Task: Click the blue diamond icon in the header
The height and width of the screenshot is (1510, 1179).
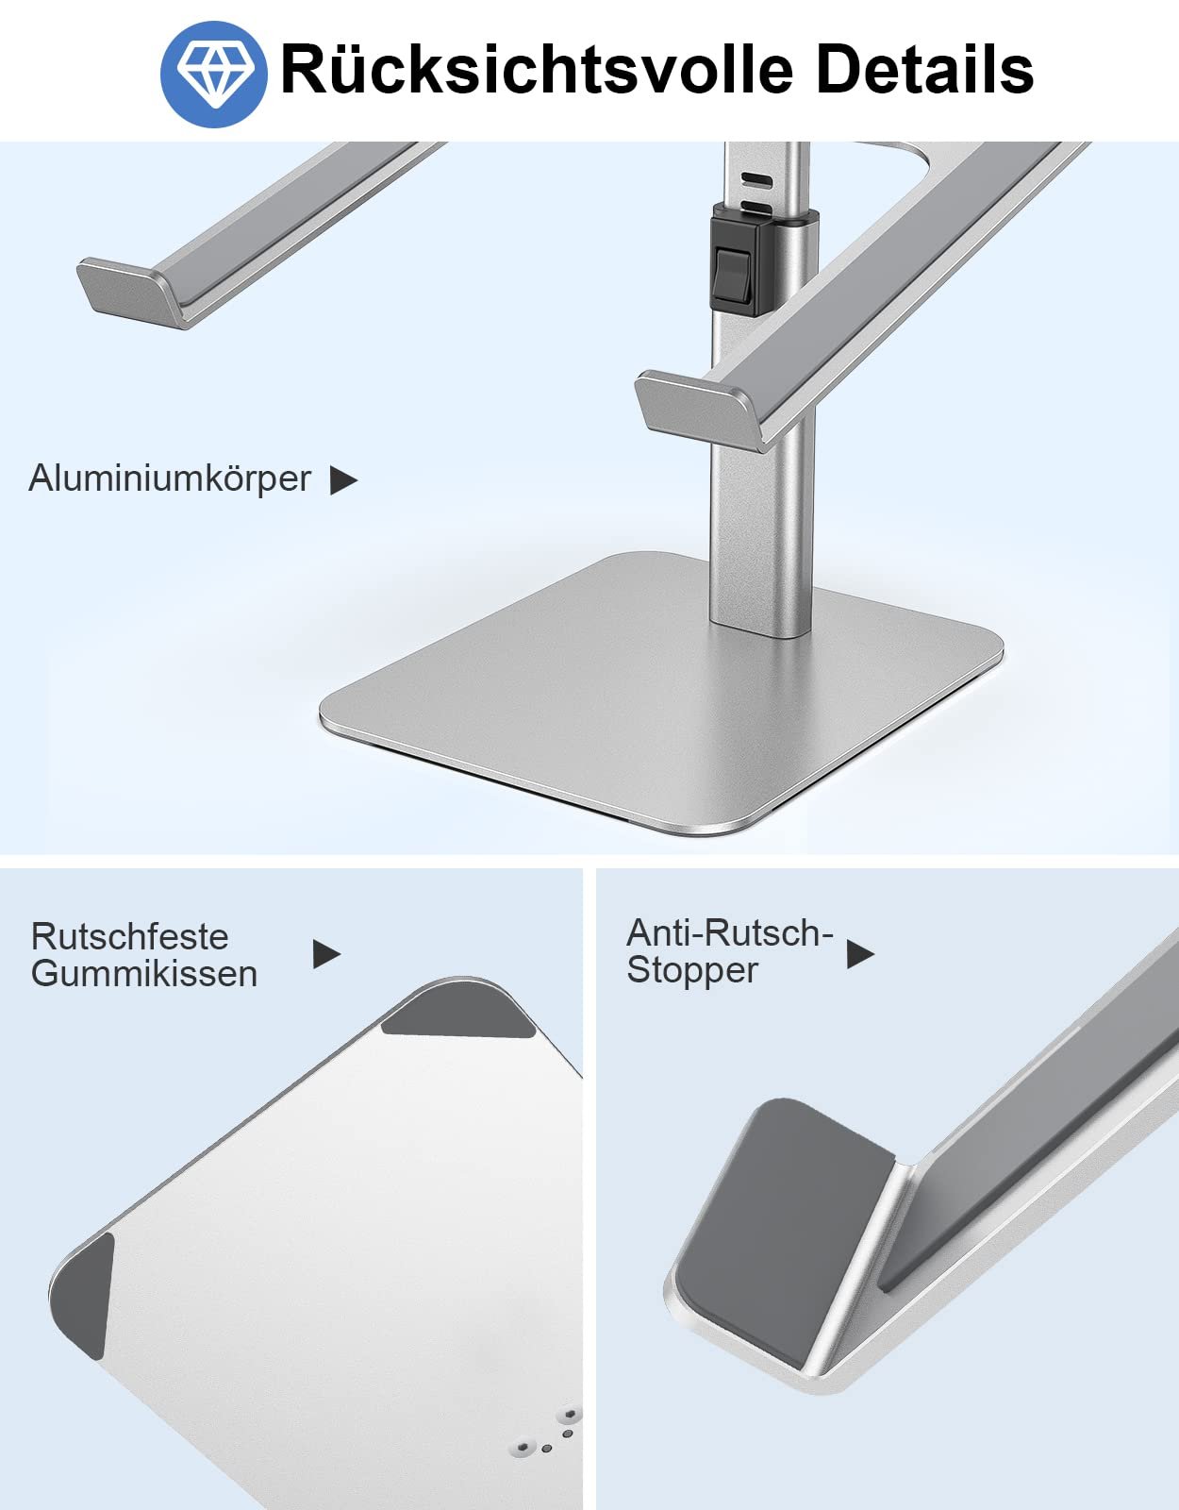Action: pos(214,75)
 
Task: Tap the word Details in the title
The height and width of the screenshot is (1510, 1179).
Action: pos(925,68)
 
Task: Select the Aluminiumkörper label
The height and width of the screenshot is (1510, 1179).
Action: pos(170,478)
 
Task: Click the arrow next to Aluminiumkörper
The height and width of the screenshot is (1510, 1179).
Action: pos(343,480)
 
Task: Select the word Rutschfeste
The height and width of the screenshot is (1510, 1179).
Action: pos(130,937)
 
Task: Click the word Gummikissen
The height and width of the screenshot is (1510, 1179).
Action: pos(144,974)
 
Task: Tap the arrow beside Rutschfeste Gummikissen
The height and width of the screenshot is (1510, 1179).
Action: pos(326,954)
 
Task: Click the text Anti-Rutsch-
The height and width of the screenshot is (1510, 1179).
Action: pos(730,933)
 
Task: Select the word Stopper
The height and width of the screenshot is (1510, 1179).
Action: pos(692,970)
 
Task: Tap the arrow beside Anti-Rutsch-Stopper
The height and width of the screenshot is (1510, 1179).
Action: pos(860,954)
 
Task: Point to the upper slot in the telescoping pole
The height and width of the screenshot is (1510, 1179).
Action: pos(756,179)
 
